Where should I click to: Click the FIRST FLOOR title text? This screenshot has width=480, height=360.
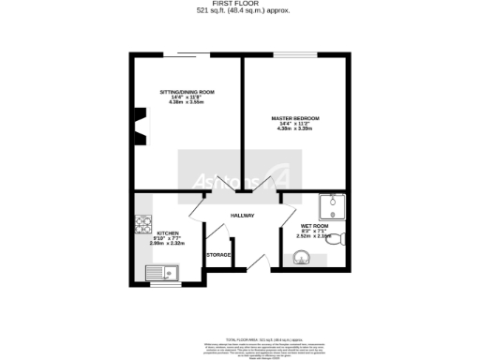[239, 5]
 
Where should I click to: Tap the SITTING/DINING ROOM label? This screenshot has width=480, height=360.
[187, 92]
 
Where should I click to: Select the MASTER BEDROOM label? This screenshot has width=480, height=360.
[295, 118]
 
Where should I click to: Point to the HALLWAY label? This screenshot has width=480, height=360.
[242, 216]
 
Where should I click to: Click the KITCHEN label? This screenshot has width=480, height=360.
[168, 232]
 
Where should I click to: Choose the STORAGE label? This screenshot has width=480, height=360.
[218, 254]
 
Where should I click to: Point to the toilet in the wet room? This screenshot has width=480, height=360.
[340, 236]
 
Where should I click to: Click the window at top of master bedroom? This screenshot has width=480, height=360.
[291, 55]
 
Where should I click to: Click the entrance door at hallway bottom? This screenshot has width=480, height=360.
[265, 266]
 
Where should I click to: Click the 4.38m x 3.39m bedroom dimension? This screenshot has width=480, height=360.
[295, 129]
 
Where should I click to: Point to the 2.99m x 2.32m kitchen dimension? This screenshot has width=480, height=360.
[168, 244]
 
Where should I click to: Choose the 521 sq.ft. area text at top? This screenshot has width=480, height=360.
[239, 12]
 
